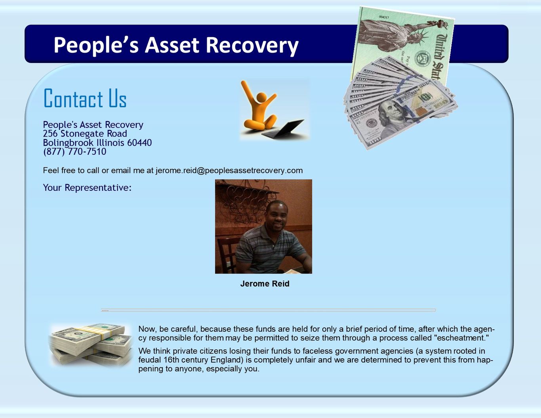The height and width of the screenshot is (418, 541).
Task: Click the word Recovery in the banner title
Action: (252, 46)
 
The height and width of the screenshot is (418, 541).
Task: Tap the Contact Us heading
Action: (85, 98)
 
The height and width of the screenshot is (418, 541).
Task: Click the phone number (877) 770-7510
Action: (75, 152)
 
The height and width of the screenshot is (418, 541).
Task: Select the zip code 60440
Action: (139, 142)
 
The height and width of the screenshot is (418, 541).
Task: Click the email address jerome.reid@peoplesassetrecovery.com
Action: (229, 171)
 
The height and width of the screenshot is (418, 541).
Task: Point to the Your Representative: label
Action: (87, 188)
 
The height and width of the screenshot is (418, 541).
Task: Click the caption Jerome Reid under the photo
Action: (265, 284)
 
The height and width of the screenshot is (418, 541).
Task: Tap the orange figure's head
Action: (261, 97)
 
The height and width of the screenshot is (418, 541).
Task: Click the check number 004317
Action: (384, 17)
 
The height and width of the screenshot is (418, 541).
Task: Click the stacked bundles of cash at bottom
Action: (91, 344)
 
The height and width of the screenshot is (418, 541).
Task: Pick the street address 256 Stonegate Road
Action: (85, 134)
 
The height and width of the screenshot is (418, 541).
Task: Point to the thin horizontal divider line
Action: (268, 310)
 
